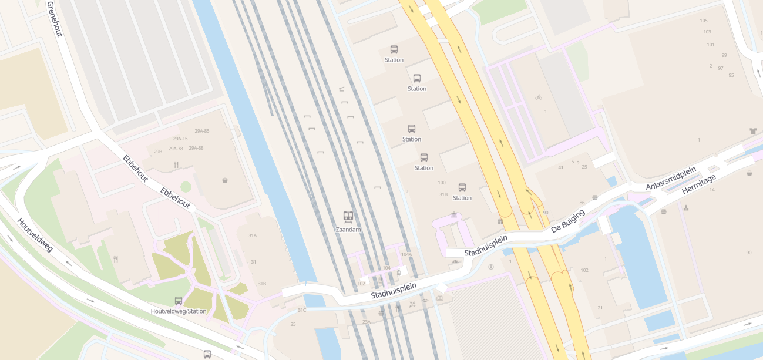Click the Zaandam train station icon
(x=348, y=217)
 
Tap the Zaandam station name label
(x=348, y=230)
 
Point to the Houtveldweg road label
(x=35, y=235)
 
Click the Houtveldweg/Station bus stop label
(x=179, y=311)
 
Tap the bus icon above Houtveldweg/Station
(x=179, y=301)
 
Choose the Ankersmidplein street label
(x=671, y=178)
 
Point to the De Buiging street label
(x=568, y=221)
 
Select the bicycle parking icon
(x=539, y=97)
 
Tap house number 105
(x=704, y=21)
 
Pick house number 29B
(x=157, y=152)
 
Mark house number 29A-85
(x=202, y=130)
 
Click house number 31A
(x=253, y=235)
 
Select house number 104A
(x=406, y=254)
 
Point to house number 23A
(x=367, y=322)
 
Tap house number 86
(x=582, y=203)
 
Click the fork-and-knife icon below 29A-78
(x=176, y=166)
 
